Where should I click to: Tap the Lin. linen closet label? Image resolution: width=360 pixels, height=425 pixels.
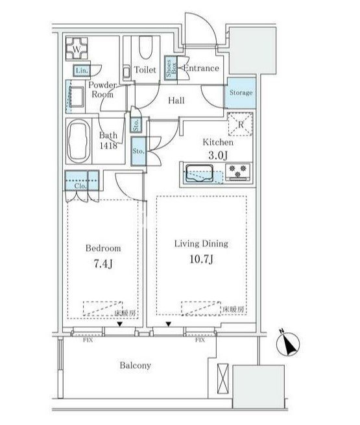point(81,71)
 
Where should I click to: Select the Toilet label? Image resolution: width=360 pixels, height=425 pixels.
point(145,70)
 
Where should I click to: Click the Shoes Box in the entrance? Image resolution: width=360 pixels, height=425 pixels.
point(171,68)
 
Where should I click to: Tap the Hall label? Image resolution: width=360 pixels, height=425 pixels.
point(176,100)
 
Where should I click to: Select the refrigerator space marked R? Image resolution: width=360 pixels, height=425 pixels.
point(239,125)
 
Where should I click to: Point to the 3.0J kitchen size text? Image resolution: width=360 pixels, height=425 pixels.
point(217,155)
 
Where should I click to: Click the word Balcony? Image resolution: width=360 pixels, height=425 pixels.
point(135,365)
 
